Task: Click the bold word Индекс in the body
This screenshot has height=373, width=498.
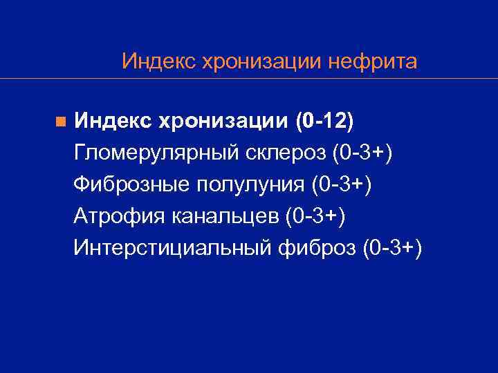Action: pyautogui.click(x=113, y=121)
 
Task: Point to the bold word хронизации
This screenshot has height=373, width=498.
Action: pyautogui.click(x=223, y=121)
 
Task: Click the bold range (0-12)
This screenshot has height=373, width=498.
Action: pyautogui.click(x=324, y=121)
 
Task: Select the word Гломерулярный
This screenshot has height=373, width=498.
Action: pyautogui.click(x=157, y=152)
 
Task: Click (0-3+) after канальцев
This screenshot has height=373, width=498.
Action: pyautogui.click(x=315, y=215)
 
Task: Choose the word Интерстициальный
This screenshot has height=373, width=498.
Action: pyautogui.click(x=171, y=247)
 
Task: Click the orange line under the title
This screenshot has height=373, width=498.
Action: pyautogui.click(x=277, y=78)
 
